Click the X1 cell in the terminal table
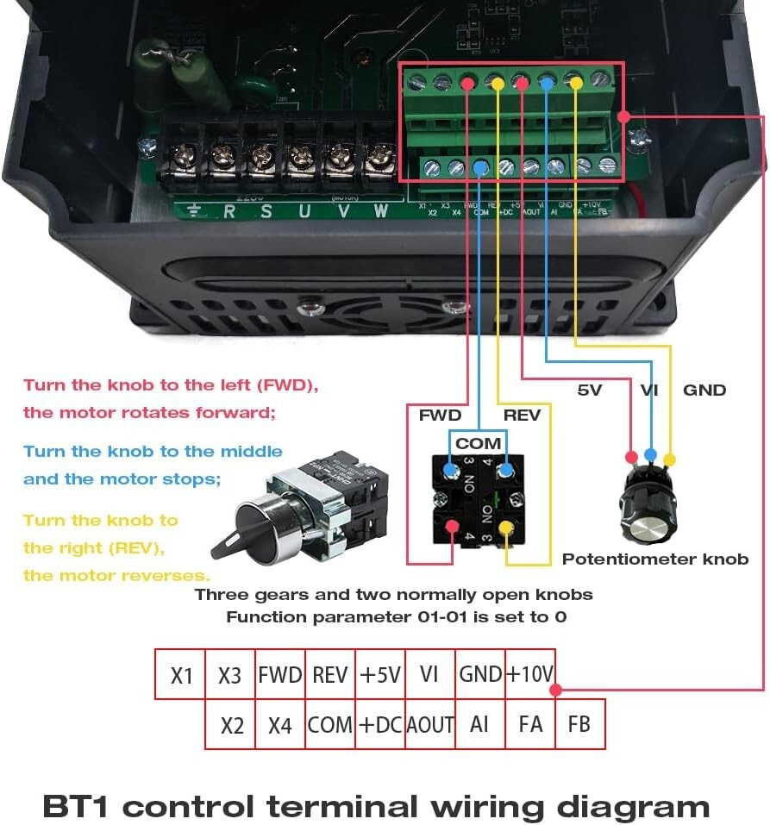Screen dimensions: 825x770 180,674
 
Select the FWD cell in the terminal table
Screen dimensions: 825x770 280,674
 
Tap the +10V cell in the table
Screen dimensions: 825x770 529,674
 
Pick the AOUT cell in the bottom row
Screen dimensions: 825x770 429,724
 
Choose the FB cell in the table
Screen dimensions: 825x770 579,724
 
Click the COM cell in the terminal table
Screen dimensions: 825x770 329,724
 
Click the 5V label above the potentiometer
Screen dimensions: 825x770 589,390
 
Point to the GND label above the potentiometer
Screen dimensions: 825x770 704,390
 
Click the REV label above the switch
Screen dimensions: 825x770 522,416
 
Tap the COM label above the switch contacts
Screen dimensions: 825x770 478,443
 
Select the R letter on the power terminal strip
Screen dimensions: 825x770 228,210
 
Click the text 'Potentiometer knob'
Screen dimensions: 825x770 655,559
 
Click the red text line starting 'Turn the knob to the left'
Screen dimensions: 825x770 171,385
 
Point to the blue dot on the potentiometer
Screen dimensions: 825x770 651,454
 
